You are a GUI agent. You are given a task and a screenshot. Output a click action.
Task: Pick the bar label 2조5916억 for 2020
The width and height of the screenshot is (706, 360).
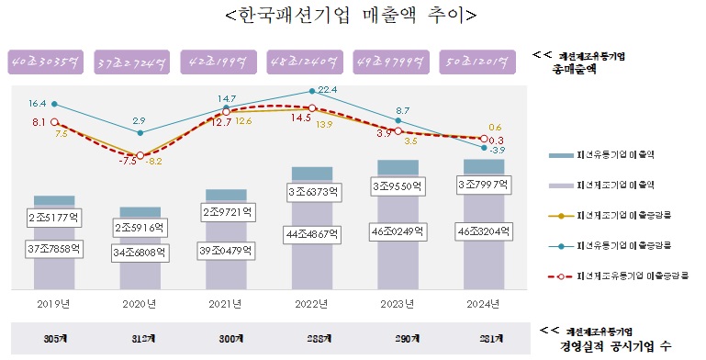tap(140, 227)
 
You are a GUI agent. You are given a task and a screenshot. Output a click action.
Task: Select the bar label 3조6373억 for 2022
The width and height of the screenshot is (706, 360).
tap(311, 192)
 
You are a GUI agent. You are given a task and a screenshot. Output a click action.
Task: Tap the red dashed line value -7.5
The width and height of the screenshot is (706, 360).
tap(129, 160)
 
